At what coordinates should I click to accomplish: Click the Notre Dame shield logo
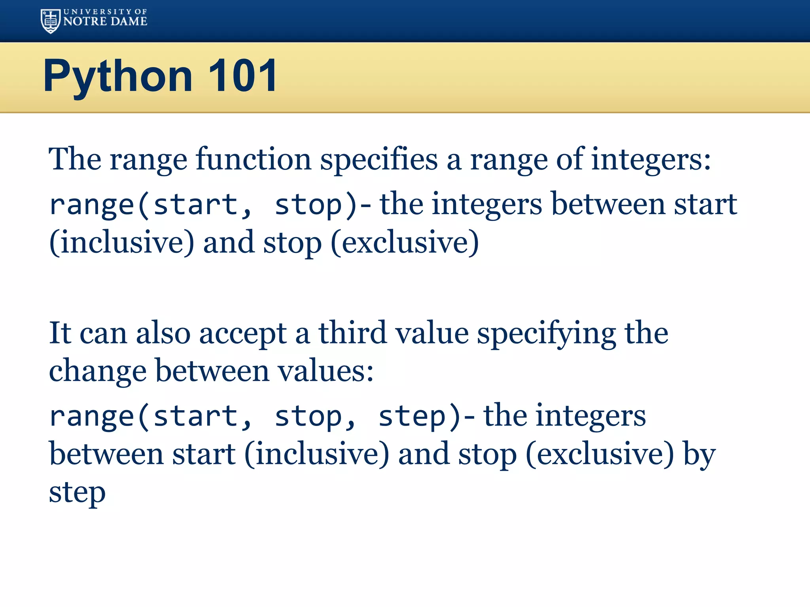[50, 21]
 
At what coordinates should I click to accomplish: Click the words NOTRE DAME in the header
[105, 21]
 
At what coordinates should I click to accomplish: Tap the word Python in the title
[117, 76]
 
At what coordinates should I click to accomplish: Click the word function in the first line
[254, 159]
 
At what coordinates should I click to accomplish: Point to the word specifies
[379, 159]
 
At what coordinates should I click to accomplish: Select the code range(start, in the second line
[150, 205]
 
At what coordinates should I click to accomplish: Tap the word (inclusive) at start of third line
[122, 242]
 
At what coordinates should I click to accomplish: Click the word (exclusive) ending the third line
[405, 242]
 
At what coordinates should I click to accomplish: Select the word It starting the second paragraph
[60, 333]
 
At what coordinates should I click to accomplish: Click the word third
[352, 333]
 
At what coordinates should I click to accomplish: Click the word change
[98, 371]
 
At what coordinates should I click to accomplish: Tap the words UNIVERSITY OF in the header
[105, 12]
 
